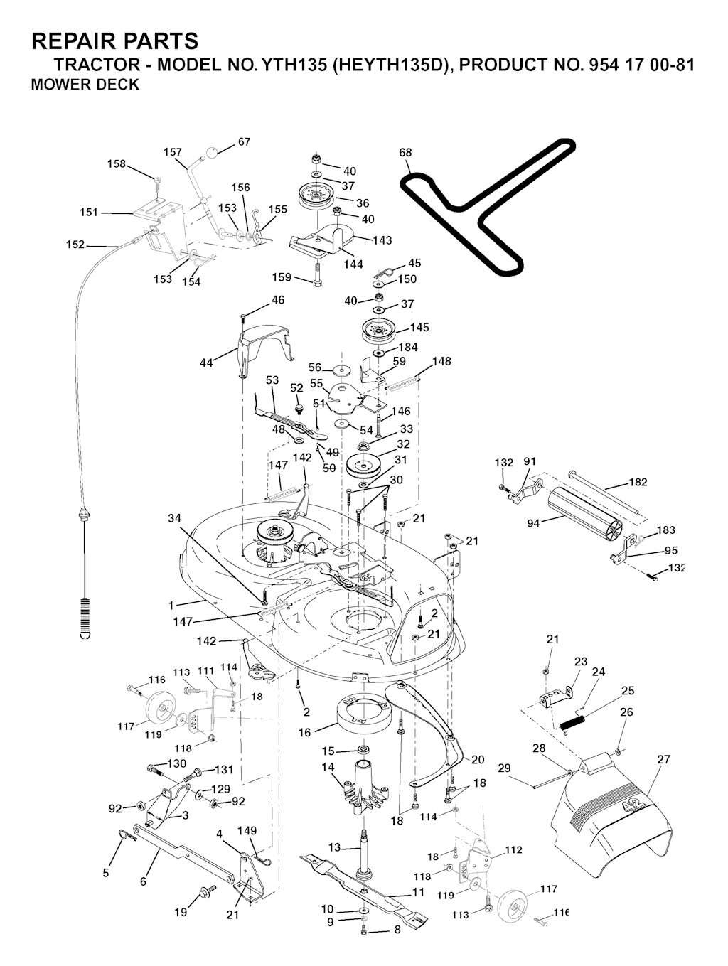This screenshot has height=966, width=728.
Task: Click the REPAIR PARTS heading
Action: click(114, 41)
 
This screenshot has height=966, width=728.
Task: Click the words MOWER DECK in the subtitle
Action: click(85, 85)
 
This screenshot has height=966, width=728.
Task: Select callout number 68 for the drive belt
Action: click(405, 153)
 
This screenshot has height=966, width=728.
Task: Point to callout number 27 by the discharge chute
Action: click(663, 759)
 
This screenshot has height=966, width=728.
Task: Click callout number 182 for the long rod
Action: click(638, 483)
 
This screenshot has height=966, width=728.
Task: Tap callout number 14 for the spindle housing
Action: click(328, 767)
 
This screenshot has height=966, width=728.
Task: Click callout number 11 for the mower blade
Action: click(418, 892)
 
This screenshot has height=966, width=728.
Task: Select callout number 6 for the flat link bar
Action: click(143, 881)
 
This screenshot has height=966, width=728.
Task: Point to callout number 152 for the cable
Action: click(75, 245)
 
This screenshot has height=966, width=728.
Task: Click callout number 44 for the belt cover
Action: click(206, 363)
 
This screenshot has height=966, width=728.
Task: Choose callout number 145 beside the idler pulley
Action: click(419, 328)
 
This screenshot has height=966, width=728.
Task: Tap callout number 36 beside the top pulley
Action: click(363, 203)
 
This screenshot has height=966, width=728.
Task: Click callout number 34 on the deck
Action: click(174, 518)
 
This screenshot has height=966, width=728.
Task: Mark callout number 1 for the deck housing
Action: click(171, 606)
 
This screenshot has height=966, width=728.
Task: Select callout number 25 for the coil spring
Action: click(628, 690)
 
